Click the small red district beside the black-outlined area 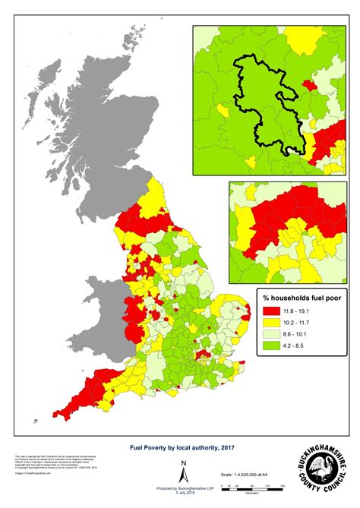coord(307,87)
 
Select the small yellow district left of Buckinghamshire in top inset coord(221,111)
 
